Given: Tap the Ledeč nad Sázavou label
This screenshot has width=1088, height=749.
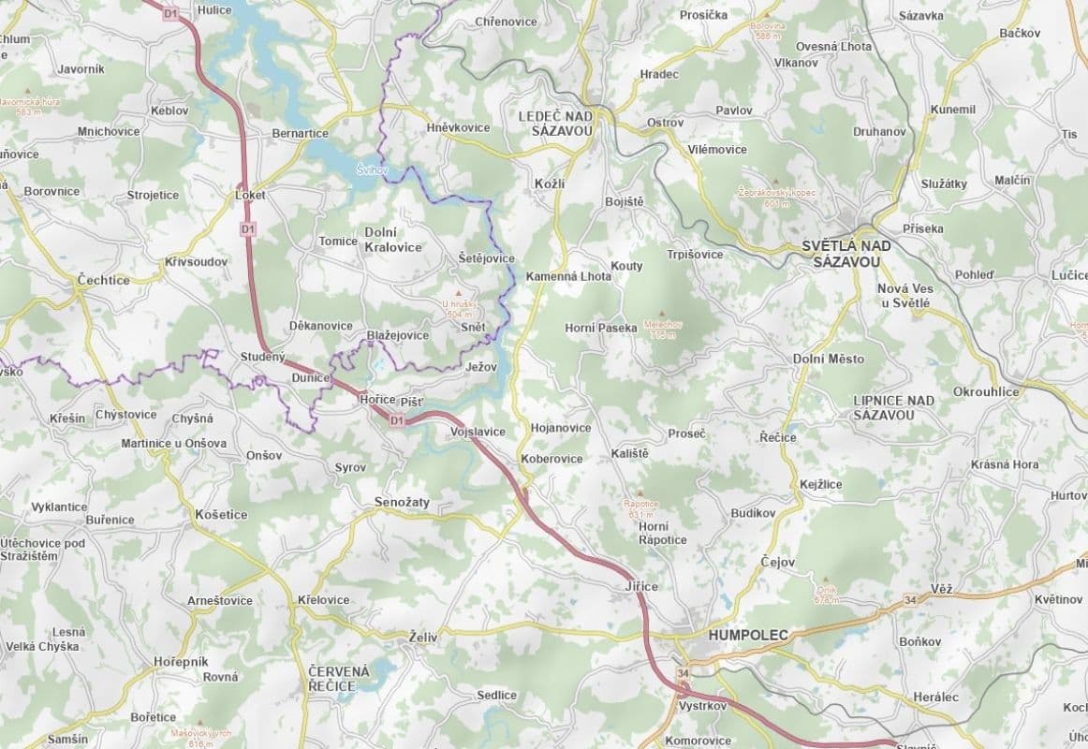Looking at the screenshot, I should point(555,124).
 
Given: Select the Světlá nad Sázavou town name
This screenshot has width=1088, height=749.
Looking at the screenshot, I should point(846,253).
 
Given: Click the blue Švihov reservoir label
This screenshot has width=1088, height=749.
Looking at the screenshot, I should point(371,170).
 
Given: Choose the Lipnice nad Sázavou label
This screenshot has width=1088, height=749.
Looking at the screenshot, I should point(893,407).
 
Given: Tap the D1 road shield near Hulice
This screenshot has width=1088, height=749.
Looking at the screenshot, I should point(169,14).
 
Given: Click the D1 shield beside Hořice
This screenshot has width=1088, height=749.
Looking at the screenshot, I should point(396,421).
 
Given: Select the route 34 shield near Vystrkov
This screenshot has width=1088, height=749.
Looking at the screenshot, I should point(683,674).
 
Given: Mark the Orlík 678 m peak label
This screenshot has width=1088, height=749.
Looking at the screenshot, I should point(825,595).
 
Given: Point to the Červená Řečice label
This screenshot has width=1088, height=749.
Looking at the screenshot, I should point(339,679).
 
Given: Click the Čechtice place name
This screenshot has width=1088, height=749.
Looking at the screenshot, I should point(103,280).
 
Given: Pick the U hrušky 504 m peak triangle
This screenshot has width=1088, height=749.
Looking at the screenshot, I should point(459,294).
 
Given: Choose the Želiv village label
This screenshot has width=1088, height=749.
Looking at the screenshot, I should point(422,637).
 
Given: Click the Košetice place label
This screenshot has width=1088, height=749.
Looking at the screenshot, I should point(221,515).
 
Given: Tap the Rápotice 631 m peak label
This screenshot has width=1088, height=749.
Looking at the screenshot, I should point(640,509).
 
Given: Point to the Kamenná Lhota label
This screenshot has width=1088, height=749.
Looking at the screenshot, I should point(567,277).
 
